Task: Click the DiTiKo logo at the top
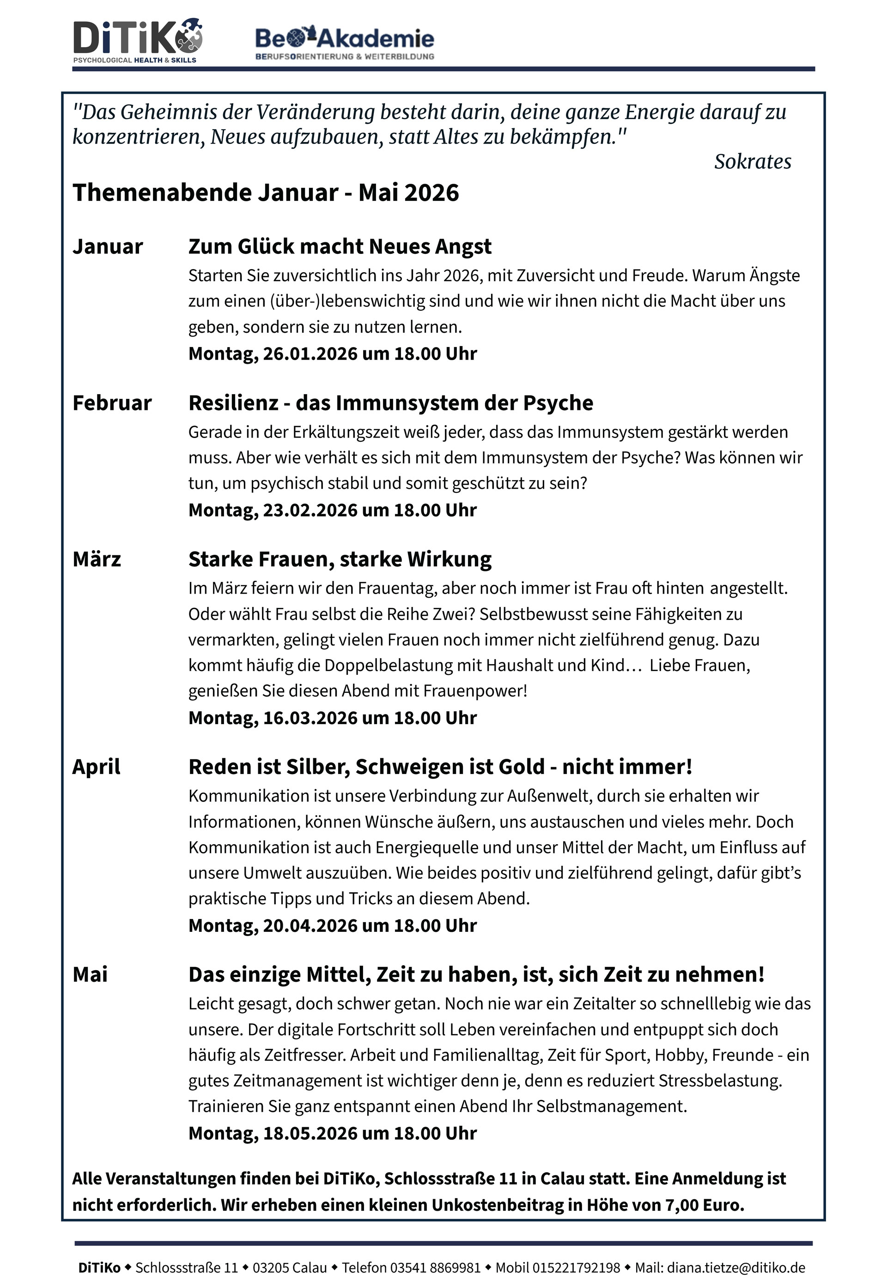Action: [x=138, y=41]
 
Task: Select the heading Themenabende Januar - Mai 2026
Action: [x=266, y=192]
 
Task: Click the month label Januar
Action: [x=108, y=246]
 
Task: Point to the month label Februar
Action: [x=112, y=402]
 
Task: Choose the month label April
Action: [x=96, y=767]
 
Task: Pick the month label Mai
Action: [x=90, y=974]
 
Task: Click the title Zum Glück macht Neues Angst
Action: [x=340, y=246]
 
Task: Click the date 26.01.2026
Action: [x=310, y=354]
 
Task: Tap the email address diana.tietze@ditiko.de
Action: [x=736, y=1268]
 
